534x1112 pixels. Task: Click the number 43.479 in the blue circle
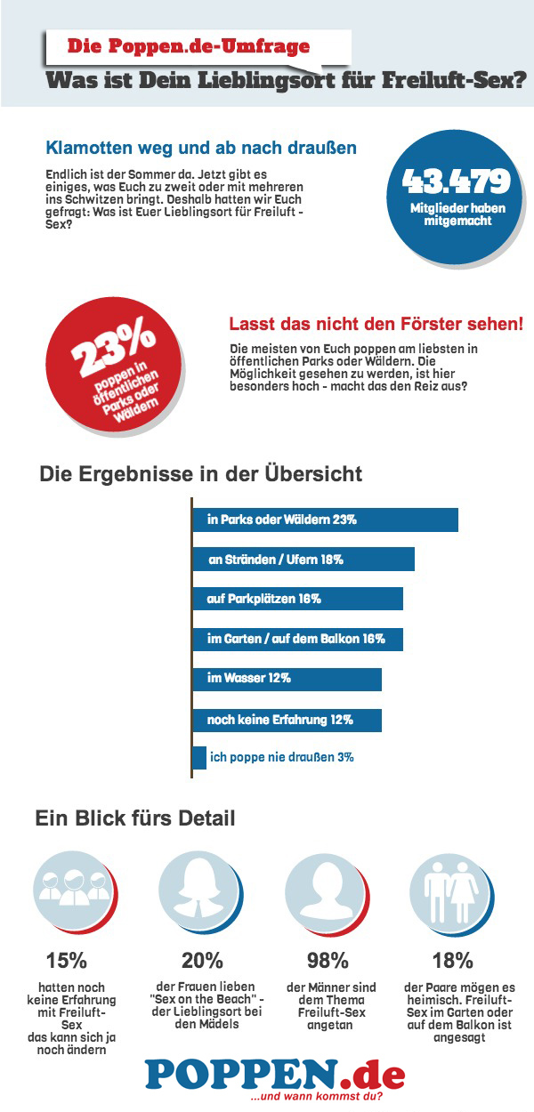click(456, 181)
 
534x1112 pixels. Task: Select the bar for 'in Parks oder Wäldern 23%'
click(325, 520)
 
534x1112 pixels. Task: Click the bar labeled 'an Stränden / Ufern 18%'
click(303, 560)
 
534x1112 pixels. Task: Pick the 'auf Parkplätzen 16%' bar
click(298, 599)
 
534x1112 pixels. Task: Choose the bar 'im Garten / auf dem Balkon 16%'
click(298, 639)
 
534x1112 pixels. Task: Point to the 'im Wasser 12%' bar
click(287, 678)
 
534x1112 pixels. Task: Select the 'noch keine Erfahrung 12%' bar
click(287, 719)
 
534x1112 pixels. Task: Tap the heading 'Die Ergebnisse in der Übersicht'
click(201, 474)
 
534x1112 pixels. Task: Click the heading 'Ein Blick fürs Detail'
click(135, 818)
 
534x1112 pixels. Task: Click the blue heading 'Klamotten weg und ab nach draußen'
click(201, 148)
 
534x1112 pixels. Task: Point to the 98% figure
click(328, 961)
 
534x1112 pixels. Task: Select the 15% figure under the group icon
click(67, 961)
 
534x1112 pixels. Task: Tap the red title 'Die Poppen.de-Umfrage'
click(189, 45)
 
